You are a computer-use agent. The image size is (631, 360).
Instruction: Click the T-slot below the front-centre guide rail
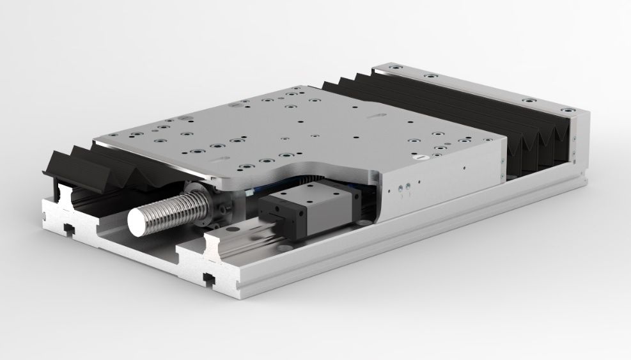[208, 278]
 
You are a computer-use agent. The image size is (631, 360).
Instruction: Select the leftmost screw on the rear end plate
[397, 67]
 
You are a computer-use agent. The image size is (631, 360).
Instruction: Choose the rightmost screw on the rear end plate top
[572, 111]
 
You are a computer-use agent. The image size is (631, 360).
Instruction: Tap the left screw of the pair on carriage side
[399, 187]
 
